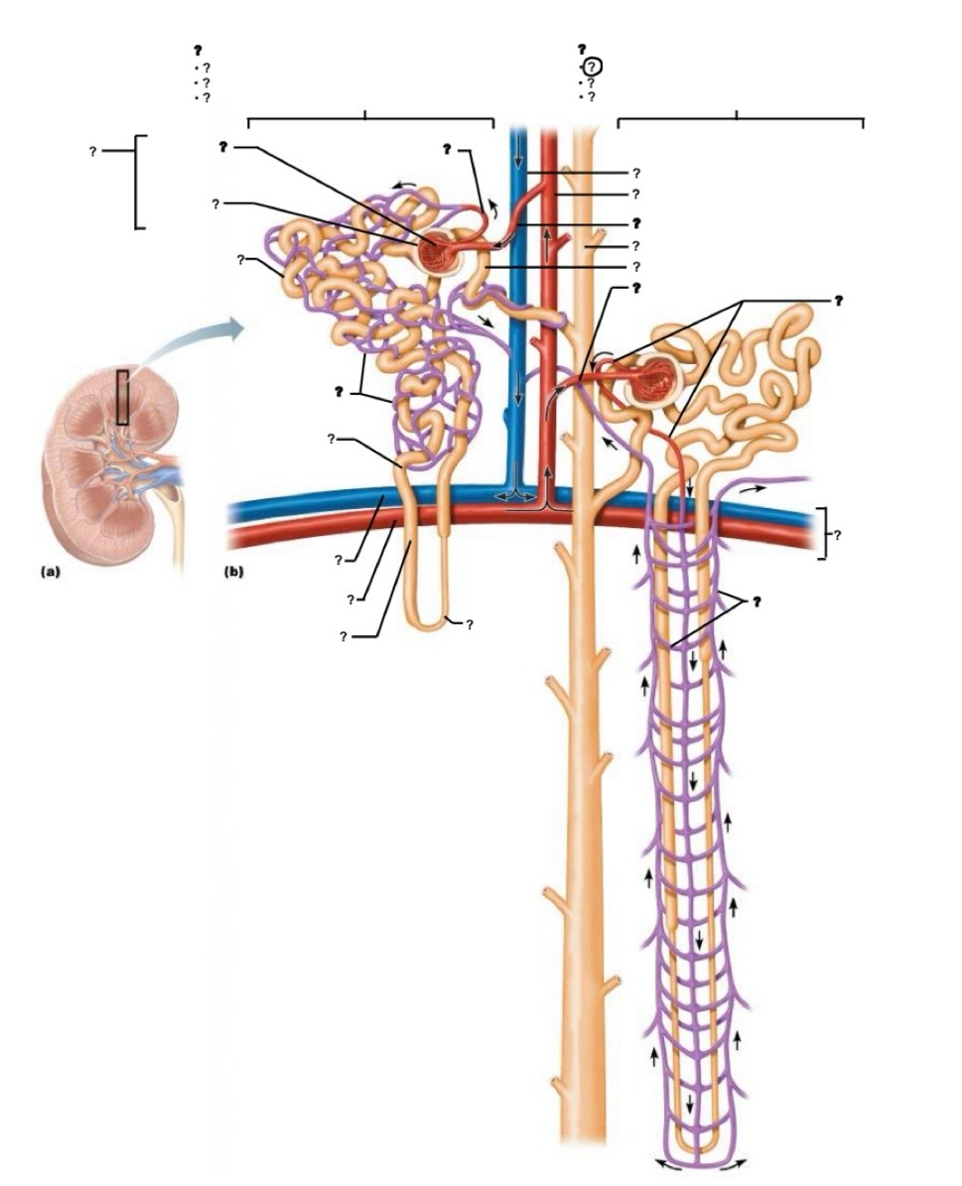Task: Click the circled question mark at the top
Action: [592, 66]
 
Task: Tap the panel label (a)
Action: [50, 572]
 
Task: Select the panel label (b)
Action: [235, 572]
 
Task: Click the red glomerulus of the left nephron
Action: [440, 253]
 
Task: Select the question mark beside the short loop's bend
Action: [469, 624]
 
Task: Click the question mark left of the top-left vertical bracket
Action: [92, 152]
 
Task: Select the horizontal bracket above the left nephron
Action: [369, 119]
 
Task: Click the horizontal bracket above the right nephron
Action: [740, 119]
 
